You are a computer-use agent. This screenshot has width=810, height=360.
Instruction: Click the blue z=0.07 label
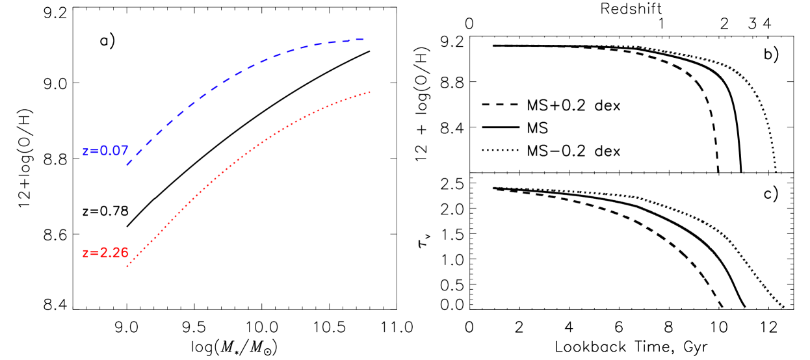click(x=105, y=151)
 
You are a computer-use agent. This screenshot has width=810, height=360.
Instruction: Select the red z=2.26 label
click(x=105, y=253)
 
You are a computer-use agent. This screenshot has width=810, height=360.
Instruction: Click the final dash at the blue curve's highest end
click(x=358, y=40)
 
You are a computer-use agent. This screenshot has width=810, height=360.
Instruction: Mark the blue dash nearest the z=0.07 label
click(x=130, y=162)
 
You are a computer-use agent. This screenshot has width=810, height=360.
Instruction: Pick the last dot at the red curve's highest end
click(x=369, y=92)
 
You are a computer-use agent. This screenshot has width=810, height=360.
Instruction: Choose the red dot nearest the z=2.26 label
click(x=127, y=266)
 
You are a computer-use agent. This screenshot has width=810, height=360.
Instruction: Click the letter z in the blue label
click(x=85, y=151)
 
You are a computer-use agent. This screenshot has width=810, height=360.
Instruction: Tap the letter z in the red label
click(x=85, y=253)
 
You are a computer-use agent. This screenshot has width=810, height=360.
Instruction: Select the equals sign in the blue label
click(x=94, y=151)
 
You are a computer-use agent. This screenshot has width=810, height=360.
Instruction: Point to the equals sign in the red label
click(x=94, y=253)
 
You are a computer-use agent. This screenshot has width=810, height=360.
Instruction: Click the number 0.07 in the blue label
click(x=114, y=151)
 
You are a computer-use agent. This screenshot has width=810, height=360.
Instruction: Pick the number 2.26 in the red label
click(x=114, y=253)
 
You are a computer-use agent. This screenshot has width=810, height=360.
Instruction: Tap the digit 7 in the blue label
click(x=124, y=151)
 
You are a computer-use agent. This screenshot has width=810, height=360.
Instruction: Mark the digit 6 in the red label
click(x=124, y=253)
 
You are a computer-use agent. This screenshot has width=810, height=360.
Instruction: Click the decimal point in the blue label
click(x=108, y=155)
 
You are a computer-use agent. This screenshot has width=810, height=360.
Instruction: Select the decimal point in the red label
click(x=108, y=257)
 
